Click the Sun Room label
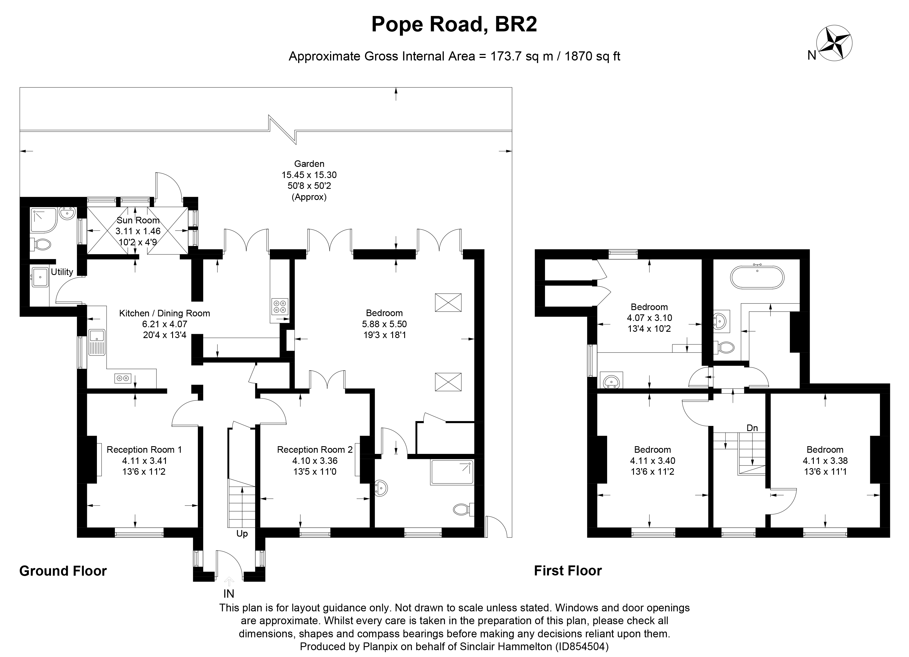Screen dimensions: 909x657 pos(138,220)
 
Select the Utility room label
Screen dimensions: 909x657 pos(62,272)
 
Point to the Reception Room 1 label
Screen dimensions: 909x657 pos(144,450)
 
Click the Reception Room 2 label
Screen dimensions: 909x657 pos(315,450)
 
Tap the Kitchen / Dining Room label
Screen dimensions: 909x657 pos(164,313)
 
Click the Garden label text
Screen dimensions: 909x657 pos(309,164)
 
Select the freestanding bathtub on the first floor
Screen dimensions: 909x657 pos(757,276)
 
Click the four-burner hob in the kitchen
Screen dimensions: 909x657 pos(279,307)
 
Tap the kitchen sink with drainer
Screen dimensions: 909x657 pos(97,342)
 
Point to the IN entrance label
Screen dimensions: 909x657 pos(229,594)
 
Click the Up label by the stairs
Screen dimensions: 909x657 pos(242,534)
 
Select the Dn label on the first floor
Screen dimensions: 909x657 pos(752,428)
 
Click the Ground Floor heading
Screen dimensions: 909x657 pos(63,571)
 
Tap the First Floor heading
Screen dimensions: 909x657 pos(568,571)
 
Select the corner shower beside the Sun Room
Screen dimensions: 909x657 pos(42,220)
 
